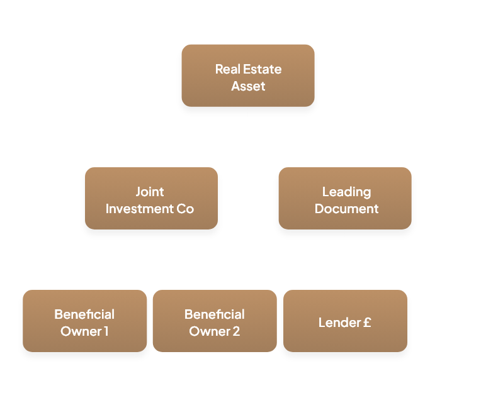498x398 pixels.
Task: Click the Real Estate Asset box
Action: click(x=247, y=75)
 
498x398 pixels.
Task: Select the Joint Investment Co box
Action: click(x=151, y=198)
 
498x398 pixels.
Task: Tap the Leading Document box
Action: click(x=345, y=198)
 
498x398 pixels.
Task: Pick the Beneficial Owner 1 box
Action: click(x=84, y=321)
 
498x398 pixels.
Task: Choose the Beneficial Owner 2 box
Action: click(x=214, y=321)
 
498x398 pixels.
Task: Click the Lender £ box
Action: click(x=345, y=321)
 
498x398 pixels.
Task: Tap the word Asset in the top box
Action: click(x=248, y=86)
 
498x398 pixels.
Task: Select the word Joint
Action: click(x=150, y=192)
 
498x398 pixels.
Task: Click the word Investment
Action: click(x=135, y=209)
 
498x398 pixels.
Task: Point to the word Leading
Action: click(x=346, y=192)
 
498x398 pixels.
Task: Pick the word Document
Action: click(x=346, y=209)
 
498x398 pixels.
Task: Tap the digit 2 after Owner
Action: click(x=236, y=331)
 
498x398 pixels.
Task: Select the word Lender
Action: click(x=339, y=323)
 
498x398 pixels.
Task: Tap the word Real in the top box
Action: click(x=227, y=69)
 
